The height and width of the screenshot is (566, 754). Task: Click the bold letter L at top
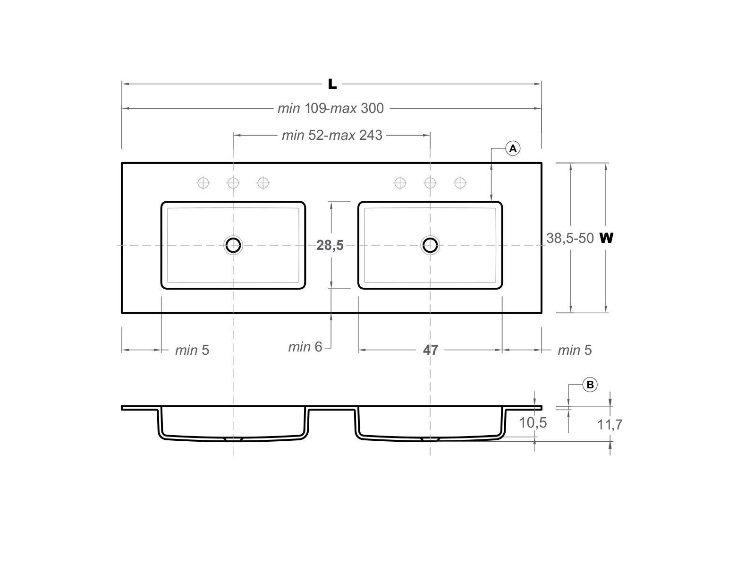coord(332,84)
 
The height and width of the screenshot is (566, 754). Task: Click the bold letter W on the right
coord(606,238)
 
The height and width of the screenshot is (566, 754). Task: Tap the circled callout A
coord(513,148)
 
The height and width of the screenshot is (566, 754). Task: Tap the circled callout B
coord(590,385)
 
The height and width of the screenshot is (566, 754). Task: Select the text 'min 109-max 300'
coord(330,108)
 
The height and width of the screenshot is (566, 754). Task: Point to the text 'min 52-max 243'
coord(332,135)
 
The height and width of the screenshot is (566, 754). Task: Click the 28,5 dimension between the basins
coord(330,245)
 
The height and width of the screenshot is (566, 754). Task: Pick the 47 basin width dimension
coord(430,350)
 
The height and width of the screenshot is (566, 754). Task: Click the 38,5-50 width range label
coord(570,238)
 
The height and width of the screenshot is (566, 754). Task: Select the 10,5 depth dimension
coord(533,423)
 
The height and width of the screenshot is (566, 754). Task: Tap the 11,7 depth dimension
coord(610,425)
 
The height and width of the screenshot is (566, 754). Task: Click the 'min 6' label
coord(305,347)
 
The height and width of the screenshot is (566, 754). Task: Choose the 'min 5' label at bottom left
coord(192,350)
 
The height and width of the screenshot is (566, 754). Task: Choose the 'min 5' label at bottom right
coord(574,350)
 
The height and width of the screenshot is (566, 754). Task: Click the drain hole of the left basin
coord(233,245)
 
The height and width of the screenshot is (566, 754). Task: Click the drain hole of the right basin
coord(430,245)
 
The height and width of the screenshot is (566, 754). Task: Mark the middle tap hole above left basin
coord(233,182)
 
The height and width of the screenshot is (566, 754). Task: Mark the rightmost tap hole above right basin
coord(460,182)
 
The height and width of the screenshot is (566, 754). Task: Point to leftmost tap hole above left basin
coord(203,182)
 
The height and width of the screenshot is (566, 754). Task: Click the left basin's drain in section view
coord(233,439)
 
